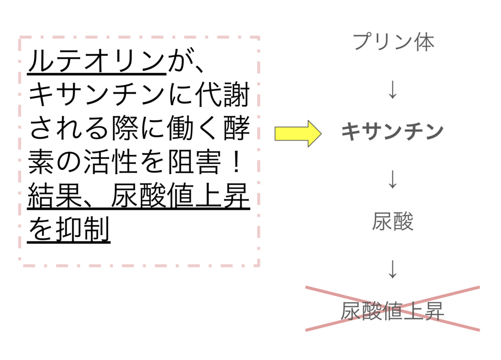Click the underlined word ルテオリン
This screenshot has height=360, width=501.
tap(96, 62)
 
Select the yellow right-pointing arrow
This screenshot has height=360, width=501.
tap(297, 134)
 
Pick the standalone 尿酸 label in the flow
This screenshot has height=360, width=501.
tap(392, 223)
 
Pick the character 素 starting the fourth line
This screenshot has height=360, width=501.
tap(42, 163)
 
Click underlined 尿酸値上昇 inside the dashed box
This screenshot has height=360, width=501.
tap(181, 197)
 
